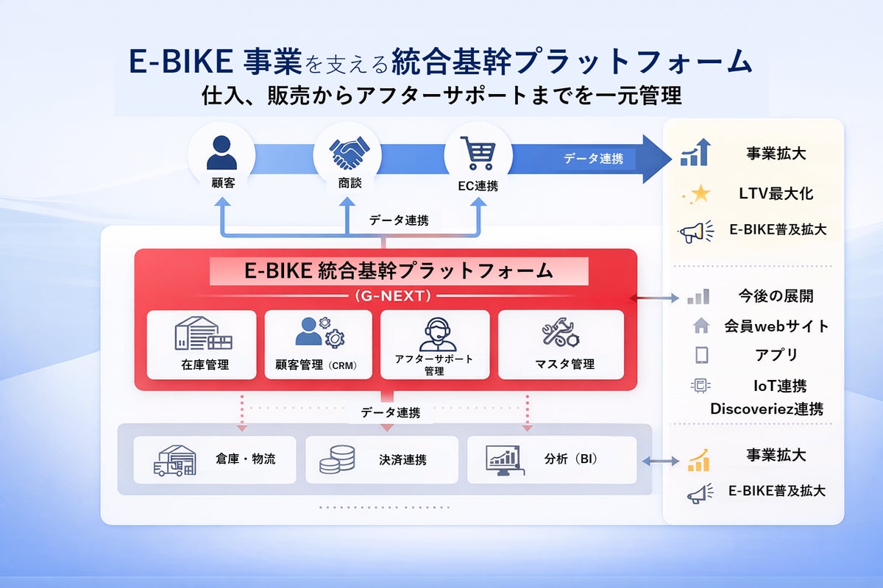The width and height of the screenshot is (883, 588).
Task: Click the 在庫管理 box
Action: (x=202, y=344)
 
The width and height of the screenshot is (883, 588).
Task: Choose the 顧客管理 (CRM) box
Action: (x=319, y=344)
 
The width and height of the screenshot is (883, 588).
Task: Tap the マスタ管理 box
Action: (x=561, y=344)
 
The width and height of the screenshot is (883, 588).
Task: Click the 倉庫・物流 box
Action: (x=215, y=459)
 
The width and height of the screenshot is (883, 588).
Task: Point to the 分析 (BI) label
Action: (x=571, y=459)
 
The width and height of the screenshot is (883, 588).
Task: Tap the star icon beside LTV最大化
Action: (x=701, y=194)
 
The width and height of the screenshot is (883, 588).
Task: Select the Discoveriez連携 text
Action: (x=766, y=409)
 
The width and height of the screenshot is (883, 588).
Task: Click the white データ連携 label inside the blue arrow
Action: (x=593, y=158)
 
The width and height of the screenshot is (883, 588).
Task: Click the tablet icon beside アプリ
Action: (x=701, y=355)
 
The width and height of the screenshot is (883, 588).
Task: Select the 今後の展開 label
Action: (x=776, y=296)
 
